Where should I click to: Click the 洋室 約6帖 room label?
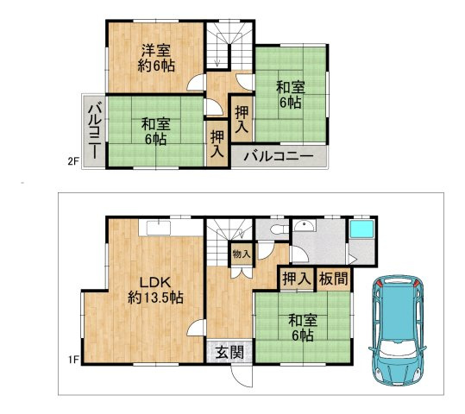coord(156,58)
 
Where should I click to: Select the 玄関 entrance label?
coord(229,352)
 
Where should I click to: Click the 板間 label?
coord(333,279)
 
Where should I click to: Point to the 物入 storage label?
coord(242,254)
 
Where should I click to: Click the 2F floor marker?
coord(73,161)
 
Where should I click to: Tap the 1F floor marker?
coord(73,360)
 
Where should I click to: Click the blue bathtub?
coord(361,229)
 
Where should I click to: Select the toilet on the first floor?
coord(278,229)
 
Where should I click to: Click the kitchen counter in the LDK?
coord(171,228)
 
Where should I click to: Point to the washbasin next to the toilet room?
coord(305,226)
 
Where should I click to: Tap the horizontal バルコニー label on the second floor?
coord(279,156)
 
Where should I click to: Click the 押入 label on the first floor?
coord(297,279)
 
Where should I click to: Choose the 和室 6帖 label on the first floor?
coord(303,328)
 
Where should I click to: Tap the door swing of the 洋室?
coord(196,82)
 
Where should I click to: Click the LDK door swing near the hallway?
coord(196,328)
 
